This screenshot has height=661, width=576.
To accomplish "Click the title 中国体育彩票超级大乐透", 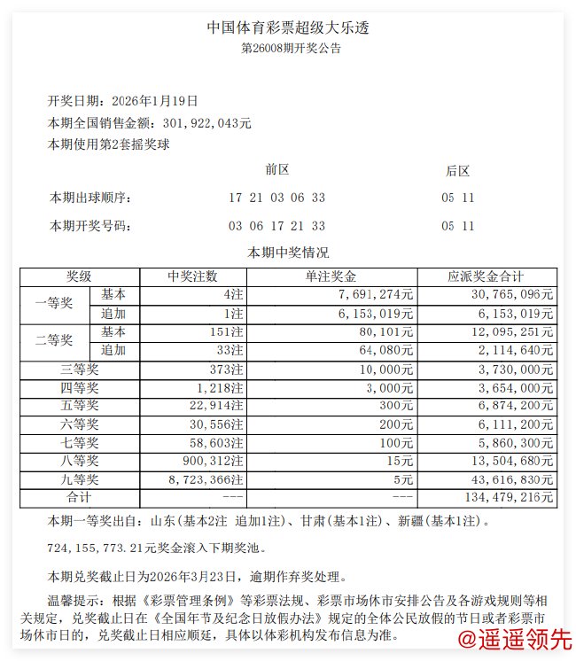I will point(288,27).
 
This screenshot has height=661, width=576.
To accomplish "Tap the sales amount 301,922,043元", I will point(203,123).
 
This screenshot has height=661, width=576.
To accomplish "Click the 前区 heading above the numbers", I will point(276,169).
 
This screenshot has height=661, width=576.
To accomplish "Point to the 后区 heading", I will point(457,170).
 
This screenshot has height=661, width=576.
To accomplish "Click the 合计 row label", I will point(79,498).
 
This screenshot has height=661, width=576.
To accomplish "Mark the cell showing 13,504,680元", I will point(510,461).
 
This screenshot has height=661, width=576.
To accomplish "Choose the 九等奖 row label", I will point(79,479).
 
